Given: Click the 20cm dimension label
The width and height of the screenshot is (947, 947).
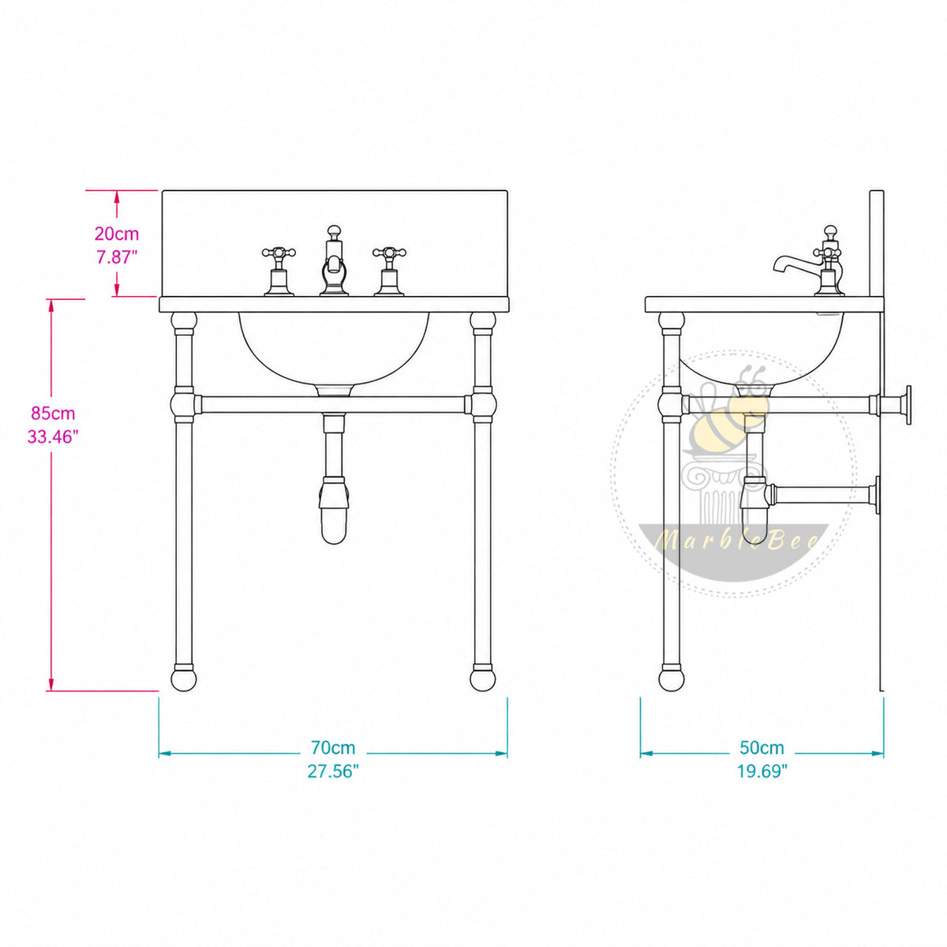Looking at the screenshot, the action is pyautogui.click(x=117, y=234).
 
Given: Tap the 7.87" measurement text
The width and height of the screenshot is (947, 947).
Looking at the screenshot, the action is pyautogui.click(x=117, y=257).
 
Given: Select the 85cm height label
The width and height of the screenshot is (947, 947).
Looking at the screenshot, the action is pyautogui.click(x=53, y=414).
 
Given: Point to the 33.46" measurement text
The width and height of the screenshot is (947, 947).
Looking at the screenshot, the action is pyautogui.click(x=53, y=436).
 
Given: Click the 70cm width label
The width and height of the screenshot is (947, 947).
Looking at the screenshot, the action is pyautogui.click(x=333, y=748).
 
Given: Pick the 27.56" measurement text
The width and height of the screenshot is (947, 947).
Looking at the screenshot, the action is pyautogui.click(x=333, y=772).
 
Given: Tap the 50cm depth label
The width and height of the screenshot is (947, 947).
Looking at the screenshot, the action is pyautogui.click(x=762, y=748).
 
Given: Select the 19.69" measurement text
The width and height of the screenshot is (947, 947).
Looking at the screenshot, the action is pyautogui.click(x=762, y=772).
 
